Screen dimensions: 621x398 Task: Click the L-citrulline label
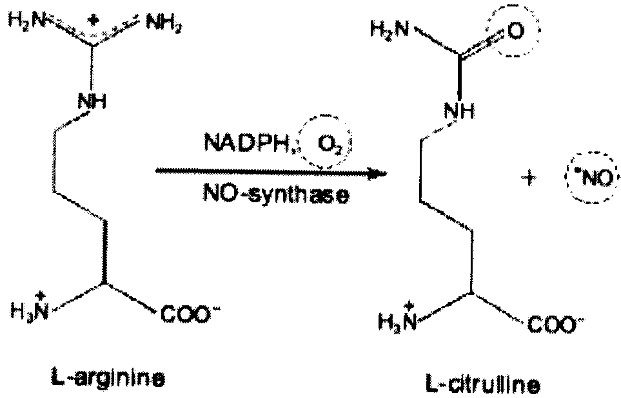coord(483,384)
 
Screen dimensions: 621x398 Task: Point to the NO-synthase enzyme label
coord(277,194)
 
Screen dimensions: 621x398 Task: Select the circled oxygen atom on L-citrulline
coord(514,32)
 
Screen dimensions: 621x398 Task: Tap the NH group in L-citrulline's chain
coord(459,112)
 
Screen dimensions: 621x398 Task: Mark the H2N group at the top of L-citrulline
coord(389,29)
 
